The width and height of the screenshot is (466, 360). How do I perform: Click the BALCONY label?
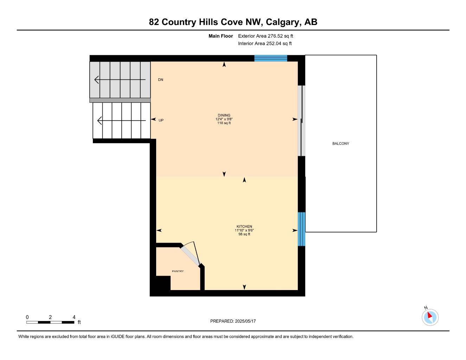click(x=340, y=143)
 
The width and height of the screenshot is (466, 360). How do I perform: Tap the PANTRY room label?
click(x=178, y=271)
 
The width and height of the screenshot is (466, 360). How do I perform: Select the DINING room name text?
click(x=224, y=115)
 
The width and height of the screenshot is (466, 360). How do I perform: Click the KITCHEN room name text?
click(x=244, y=226)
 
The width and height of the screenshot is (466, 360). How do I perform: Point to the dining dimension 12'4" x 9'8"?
click(x=224, y=119)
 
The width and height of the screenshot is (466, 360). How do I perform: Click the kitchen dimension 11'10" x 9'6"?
click(x=244, y=230)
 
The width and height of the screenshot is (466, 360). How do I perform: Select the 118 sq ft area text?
click(x=224, y=123)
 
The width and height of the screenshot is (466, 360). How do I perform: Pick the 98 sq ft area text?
click(x=244, y=234)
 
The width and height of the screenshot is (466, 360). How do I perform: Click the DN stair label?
click(x=160, y=80)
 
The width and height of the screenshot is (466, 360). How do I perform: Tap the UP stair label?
click(x=161, y=120)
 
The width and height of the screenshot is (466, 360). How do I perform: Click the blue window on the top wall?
click(x=270, y=58)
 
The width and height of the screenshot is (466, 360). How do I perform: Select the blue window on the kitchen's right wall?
click(x=301, y=229)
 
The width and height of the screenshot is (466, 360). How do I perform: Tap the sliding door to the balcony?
click(x=301, y=121)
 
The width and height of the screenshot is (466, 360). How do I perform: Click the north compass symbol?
click(x=430, y=317)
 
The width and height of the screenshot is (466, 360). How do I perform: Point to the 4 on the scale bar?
click(x=74, y=317)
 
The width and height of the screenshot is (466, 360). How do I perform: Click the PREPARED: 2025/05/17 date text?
click(x=233, y=321)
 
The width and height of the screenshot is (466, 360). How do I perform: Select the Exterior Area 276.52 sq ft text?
click(x=266, y=36)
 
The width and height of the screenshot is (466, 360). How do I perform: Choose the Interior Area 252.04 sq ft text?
click(x=265, y=44)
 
